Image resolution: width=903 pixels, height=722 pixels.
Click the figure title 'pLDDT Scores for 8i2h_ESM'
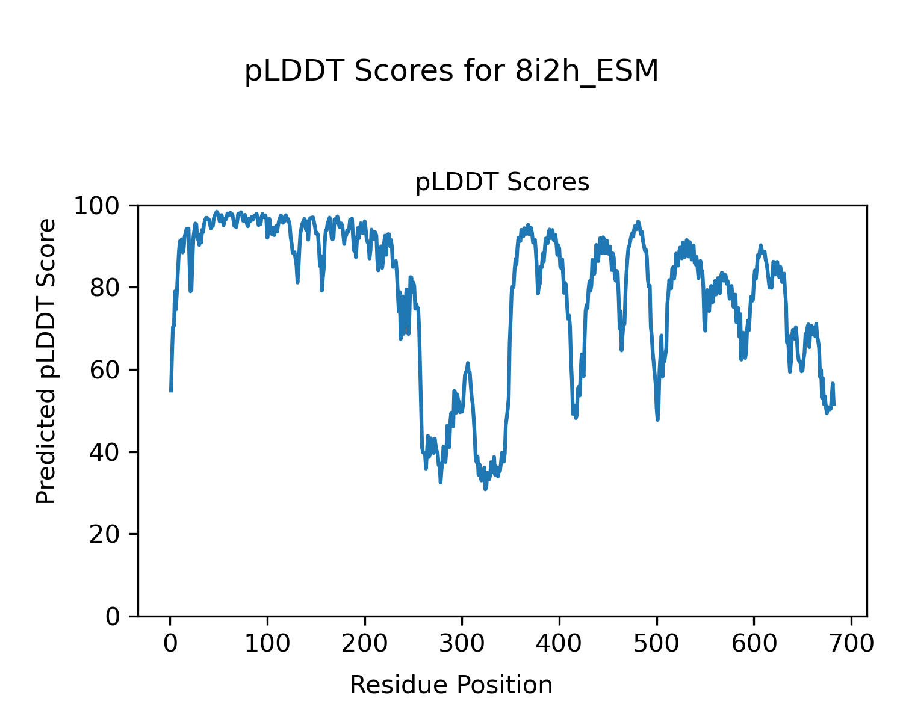pyautogui.click(x=451, y=72)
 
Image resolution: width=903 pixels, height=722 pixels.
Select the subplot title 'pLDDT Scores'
pyautogui.click(x=502, y=182)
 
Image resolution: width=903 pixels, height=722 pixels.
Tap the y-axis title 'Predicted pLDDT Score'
pyautogui.click(x=46, y=361)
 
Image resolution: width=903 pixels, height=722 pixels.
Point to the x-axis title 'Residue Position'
pyautogui.click(x=451, y=685)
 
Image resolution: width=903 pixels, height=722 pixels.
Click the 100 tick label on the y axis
pyautogui.click(x=101, y=206)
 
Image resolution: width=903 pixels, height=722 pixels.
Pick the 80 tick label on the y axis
pyautogui.click(x=108, y=288)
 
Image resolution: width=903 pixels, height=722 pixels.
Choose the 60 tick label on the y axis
pyautogui.click(x=108, y=370)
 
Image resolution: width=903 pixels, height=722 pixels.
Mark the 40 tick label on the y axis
pyautogui.click(x=108, y=452)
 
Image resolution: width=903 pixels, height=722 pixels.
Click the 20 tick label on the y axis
pyautogui.click(x=108, y=534)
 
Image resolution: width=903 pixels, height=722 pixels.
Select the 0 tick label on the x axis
pyautogui.click(x=170, y=644)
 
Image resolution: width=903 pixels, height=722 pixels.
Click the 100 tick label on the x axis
pyautogui.click(x=267, y=644)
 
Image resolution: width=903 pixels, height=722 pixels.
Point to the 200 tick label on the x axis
pyautogui.click(x=365, y=644)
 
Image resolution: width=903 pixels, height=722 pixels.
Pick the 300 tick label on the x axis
pyautogui.click(x=462, y=644)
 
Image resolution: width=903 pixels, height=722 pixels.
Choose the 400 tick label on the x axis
pyautogui.click(x=559, y=644)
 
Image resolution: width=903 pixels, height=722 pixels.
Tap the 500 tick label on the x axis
pyautogui.click(x=657, y=644)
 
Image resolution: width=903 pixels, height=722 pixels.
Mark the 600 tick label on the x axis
pyautogui.click(x=754, y=644)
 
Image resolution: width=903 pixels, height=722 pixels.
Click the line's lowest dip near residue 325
pyautogui.click(x=485, y=489)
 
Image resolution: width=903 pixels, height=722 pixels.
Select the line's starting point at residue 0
pyautogui.click(x=171, y=391)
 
